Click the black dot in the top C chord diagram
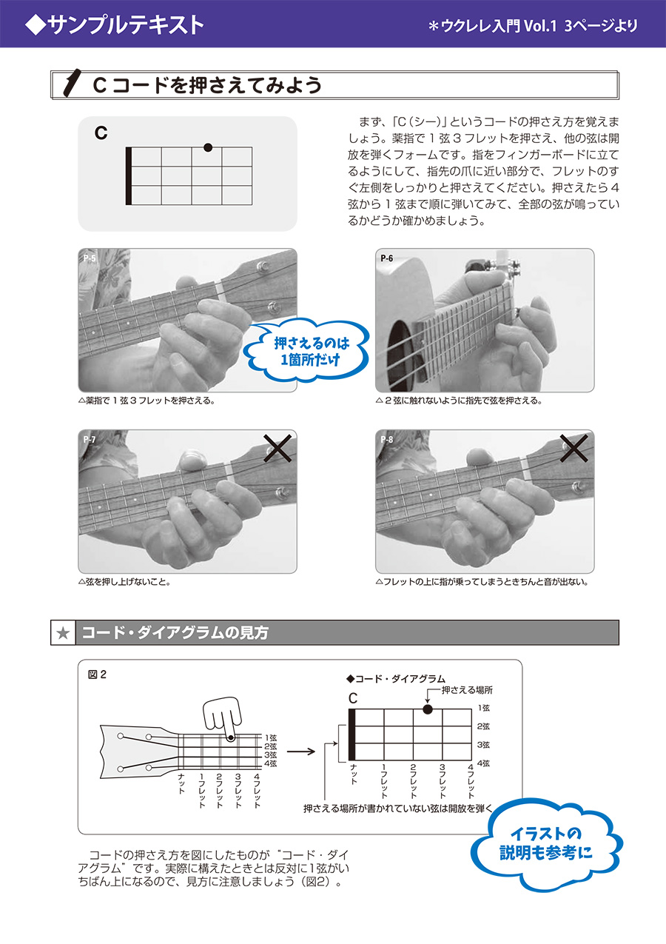pyautogui.click(x=208, y=147)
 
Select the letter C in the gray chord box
pyautogui.click(x=101, y=133)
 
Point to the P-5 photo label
pyautogui.click(x=90, y=258)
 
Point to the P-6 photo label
pyautogui.click(x=387, y=258)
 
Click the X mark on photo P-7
pyautogui.click(x=278, y=448)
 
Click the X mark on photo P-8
pyautogui.click(x=575, y=448)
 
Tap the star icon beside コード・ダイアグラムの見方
pyautogui.click(x=63, y=633)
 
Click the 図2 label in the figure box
pyautogui.click(x=98, y=674)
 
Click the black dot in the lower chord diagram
pyautogui.click(x=428, y=709)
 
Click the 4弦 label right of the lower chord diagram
pyautogui.click(x=483, y=763)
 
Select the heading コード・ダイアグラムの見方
pyautogui.click(x=175, y=633)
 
